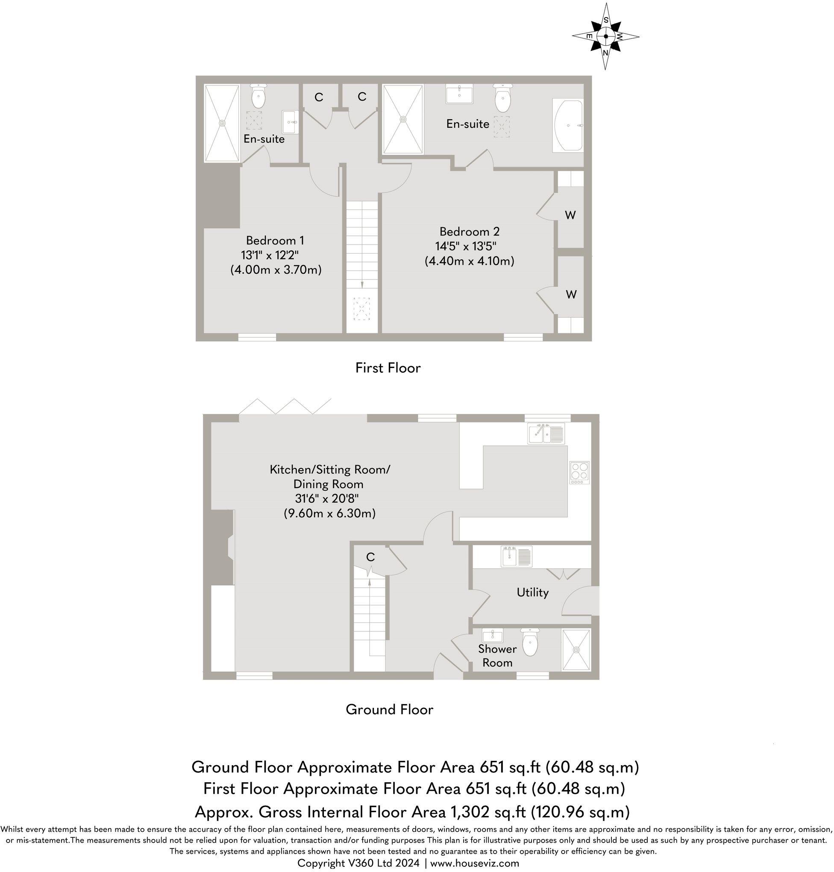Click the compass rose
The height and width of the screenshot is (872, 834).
(605, 36)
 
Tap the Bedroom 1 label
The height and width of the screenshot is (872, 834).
(275, 241)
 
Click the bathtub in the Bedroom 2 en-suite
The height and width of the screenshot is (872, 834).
(568, 126)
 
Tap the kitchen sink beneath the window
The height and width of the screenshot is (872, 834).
(546, 433)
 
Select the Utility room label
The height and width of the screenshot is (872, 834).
(533, 593)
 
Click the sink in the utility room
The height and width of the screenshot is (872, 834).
(517, 556)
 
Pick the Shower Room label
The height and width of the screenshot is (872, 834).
(497, 656)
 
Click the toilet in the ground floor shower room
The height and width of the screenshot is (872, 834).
(530, 642)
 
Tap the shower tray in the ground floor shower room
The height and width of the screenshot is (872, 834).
(577, 649)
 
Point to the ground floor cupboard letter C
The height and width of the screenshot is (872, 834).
(370, 557)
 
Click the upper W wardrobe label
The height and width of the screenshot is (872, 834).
(570, 215)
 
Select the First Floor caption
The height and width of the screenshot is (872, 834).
(388, 368)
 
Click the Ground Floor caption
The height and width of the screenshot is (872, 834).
(389, 709)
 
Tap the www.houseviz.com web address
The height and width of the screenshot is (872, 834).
(475, 863)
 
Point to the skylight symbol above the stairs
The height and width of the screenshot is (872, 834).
(361, 309)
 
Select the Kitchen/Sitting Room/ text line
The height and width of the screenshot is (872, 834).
(330, 470)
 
